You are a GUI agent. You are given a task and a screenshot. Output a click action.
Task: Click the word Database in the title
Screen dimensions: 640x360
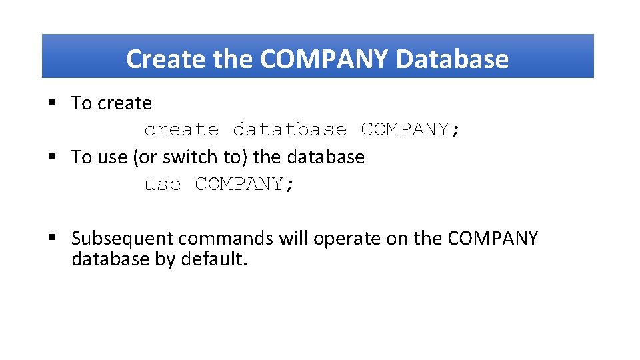click(x=452, y=59)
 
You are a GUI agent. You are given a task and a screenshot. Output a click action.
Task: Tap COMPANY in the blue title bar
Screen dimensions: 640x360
click(x=324, y=59)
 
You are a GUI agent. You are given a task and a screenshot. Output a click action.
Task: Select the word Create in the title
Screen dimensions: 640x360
click(x=167, y=59)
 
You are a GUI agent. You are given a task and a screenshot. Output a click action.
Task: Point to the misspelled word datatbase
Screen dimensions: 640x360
click(x=290, y=129)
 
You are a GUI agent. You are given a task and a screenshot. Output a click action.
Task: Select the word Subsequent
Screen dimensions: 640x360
click(x=123, y=239)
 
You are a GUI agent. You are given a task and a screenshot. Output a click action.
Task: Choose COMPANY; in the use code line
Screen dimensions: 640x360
click(x=245, y=184)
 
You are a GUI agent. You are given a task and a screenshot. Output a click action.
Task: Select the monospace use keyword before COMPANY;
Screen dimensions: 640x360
click(x=163, y=184)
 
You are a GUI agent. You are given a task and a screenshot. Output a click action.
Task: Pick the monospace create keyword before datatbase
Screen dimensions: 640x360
click(x=181, y=129)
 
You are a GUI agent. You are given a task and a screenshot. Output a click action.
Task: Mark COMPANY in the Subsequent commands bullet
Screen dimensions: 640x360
click(x=493, y=238)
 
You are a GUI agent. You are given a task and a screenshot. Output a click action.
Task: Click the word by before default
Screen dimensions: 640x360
click(x=165, y=259)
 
